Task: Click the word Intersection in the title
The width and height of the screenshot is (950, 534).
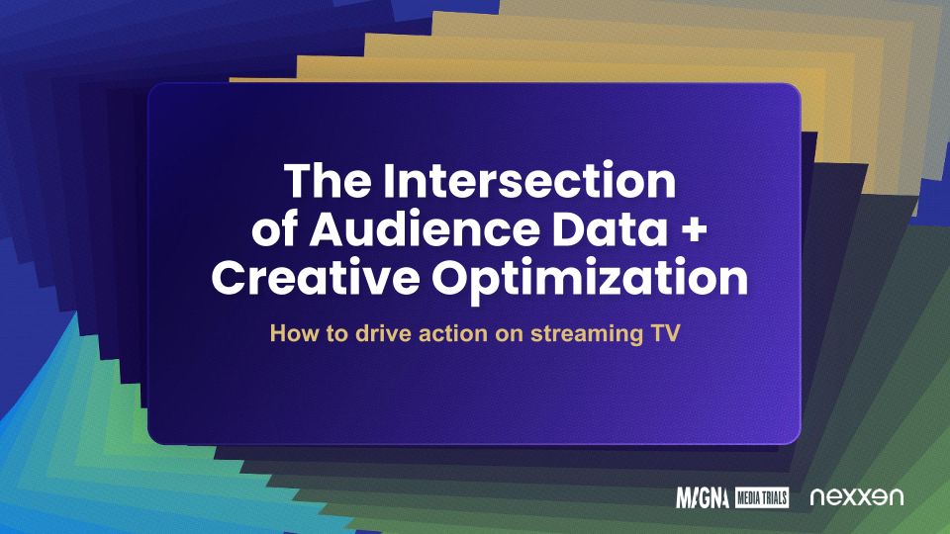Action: (529, 181)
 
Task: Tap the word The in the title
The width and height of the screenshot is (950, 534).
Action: (328, 181)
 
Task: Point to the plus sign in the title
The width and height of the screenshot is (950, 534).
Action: (694, 230)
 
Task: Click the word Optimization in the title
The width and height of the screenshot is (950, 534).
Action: (590, 280)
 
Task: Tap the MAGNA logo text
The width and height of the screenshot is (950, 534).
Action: (703, 497)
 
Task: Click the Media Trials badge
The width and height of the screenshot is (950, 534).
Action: (762, 497)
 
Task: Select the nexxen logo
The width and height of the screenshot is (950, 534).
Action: (857, 497)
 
